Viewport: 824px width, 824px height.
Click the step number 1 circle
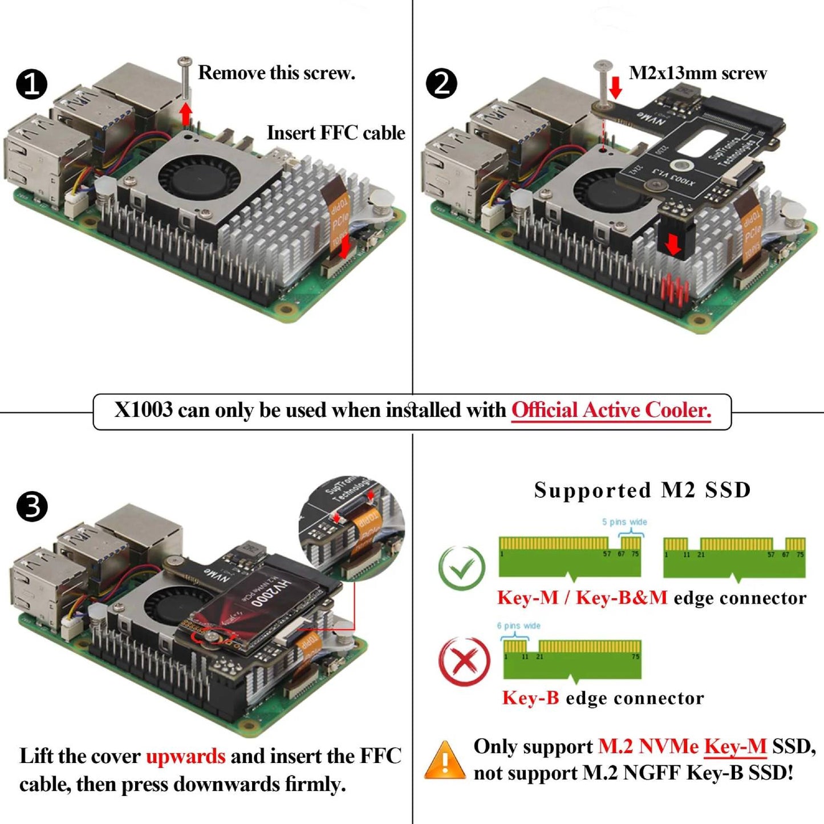click(31, 84)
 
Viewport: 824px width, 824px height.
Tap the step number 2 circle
click(441, 83)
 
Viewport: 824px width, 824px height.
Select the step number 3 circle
click(32, 506)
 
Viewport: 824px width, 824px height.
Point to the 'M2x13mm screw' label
click(697, 74)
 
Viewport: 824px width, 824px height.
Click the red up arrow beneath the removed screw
click(185, 114)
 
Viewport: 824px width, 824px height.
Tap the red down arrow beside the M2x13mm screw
click(616, 88)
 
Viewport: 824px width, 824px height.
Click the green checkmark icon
click(462, 568)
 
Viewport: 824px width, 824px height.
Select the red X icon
click(464, 661)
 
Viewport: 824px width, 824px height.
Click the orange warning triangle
click(445, 761)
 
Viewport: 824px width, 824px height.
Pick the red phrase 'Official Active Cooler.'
click(611, 410)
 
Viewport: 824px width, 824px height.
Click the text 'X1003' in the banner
click(143, 410)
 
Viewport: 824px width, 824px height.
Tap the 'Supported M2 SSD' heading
click(642, 490)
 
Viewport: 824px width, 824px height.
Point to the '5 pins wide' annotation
click(624, 522)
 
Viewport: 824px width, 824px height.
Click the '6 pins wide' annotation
click(518, 626)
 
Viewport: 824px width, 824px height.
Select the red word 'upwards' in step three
click(186, 756)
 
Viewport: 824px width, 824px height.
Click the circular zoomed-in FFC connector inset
click(352, 527)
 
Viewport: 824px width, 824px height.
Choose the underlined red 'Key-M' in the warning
click(735, 746)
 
